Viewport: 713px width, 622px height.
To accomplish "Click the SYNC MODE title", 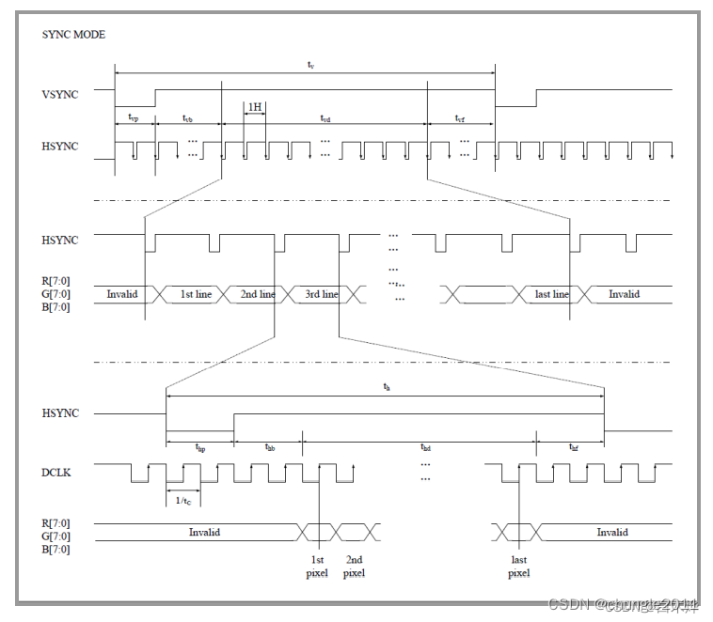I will point(73,35).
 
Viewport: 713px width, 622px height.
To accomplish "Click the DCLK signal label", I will point(56,473).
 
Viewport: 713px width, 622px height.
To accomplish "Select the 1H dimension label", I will point(254,108).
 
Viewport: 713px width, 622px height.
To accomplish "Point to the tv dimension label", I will point(310,64).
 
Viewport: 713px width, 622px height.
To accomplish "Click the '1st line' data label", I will point(196,294).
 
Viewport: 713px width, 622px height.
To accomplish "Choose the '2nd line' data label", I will point(257,294).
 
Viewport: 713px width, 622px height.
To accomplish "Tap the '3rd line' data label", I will point(322,294).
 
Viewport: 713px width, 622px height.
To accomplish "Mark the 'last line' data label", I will point(551,294).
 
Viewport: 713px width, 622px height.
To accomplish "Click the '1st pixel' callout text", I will point(317,567).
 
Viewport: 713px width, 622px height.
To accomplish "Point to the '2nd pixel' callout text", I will point(354,567).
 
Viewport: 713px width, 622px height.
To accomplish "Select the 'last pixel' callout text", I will point(518,567).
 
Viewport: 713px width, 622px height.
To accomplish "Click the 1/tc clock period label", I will point(182,501).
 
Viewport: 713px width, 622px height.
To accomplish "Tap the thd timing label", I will point(425,448).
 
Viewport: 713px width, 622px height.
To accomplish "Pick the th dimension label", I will point(386,386).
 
